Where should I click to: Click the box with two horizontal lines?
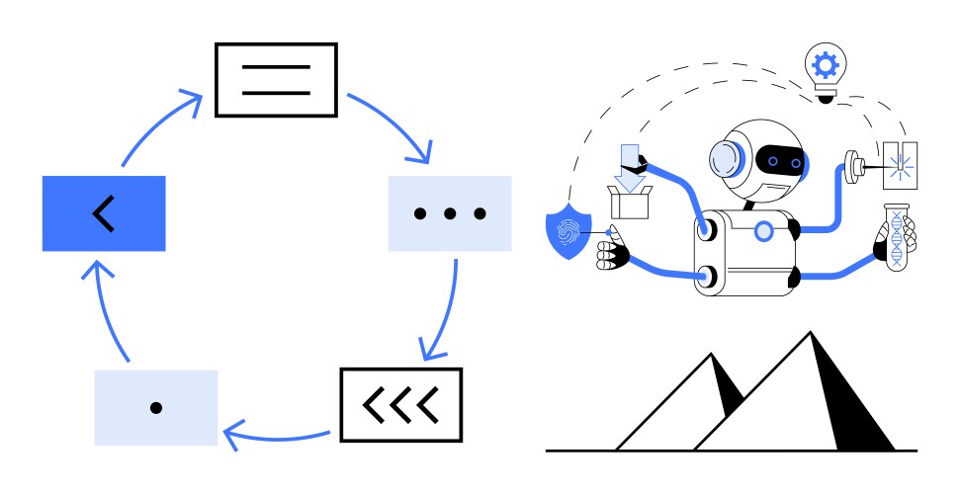tap(276, 80)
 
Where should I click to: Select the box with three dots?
tap(450, 213)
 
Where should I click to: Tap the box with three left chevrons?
tap(400, 404)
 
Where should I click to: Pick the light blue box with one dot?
tap(155, 407)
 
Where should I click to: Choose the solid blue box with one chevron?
tap(103, 213)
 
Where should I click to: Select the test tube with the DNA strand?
tap(895, 240)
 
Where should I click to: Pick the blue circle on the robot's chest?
tap(763, 231)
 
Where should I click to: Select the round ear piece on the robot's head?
tap(726, 158)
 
